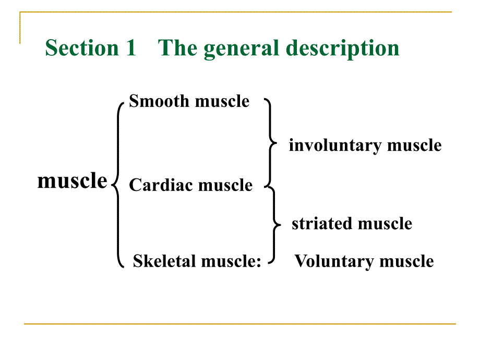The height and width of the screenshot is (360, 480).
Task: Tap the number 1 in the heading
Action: (130, 48)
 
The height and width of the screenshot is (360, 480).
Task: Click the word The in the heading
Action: (178, 48)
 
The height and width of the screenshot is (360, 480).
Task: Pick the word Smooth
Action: (159, 101)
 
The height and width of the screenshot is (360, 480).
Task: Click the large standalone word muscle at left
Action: (72, 181)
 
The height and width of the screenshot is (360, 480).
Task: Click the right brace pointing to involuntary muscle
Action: (270, 142)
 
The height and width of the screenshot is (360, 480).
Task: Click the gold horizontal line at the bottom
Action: (240, 324)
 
